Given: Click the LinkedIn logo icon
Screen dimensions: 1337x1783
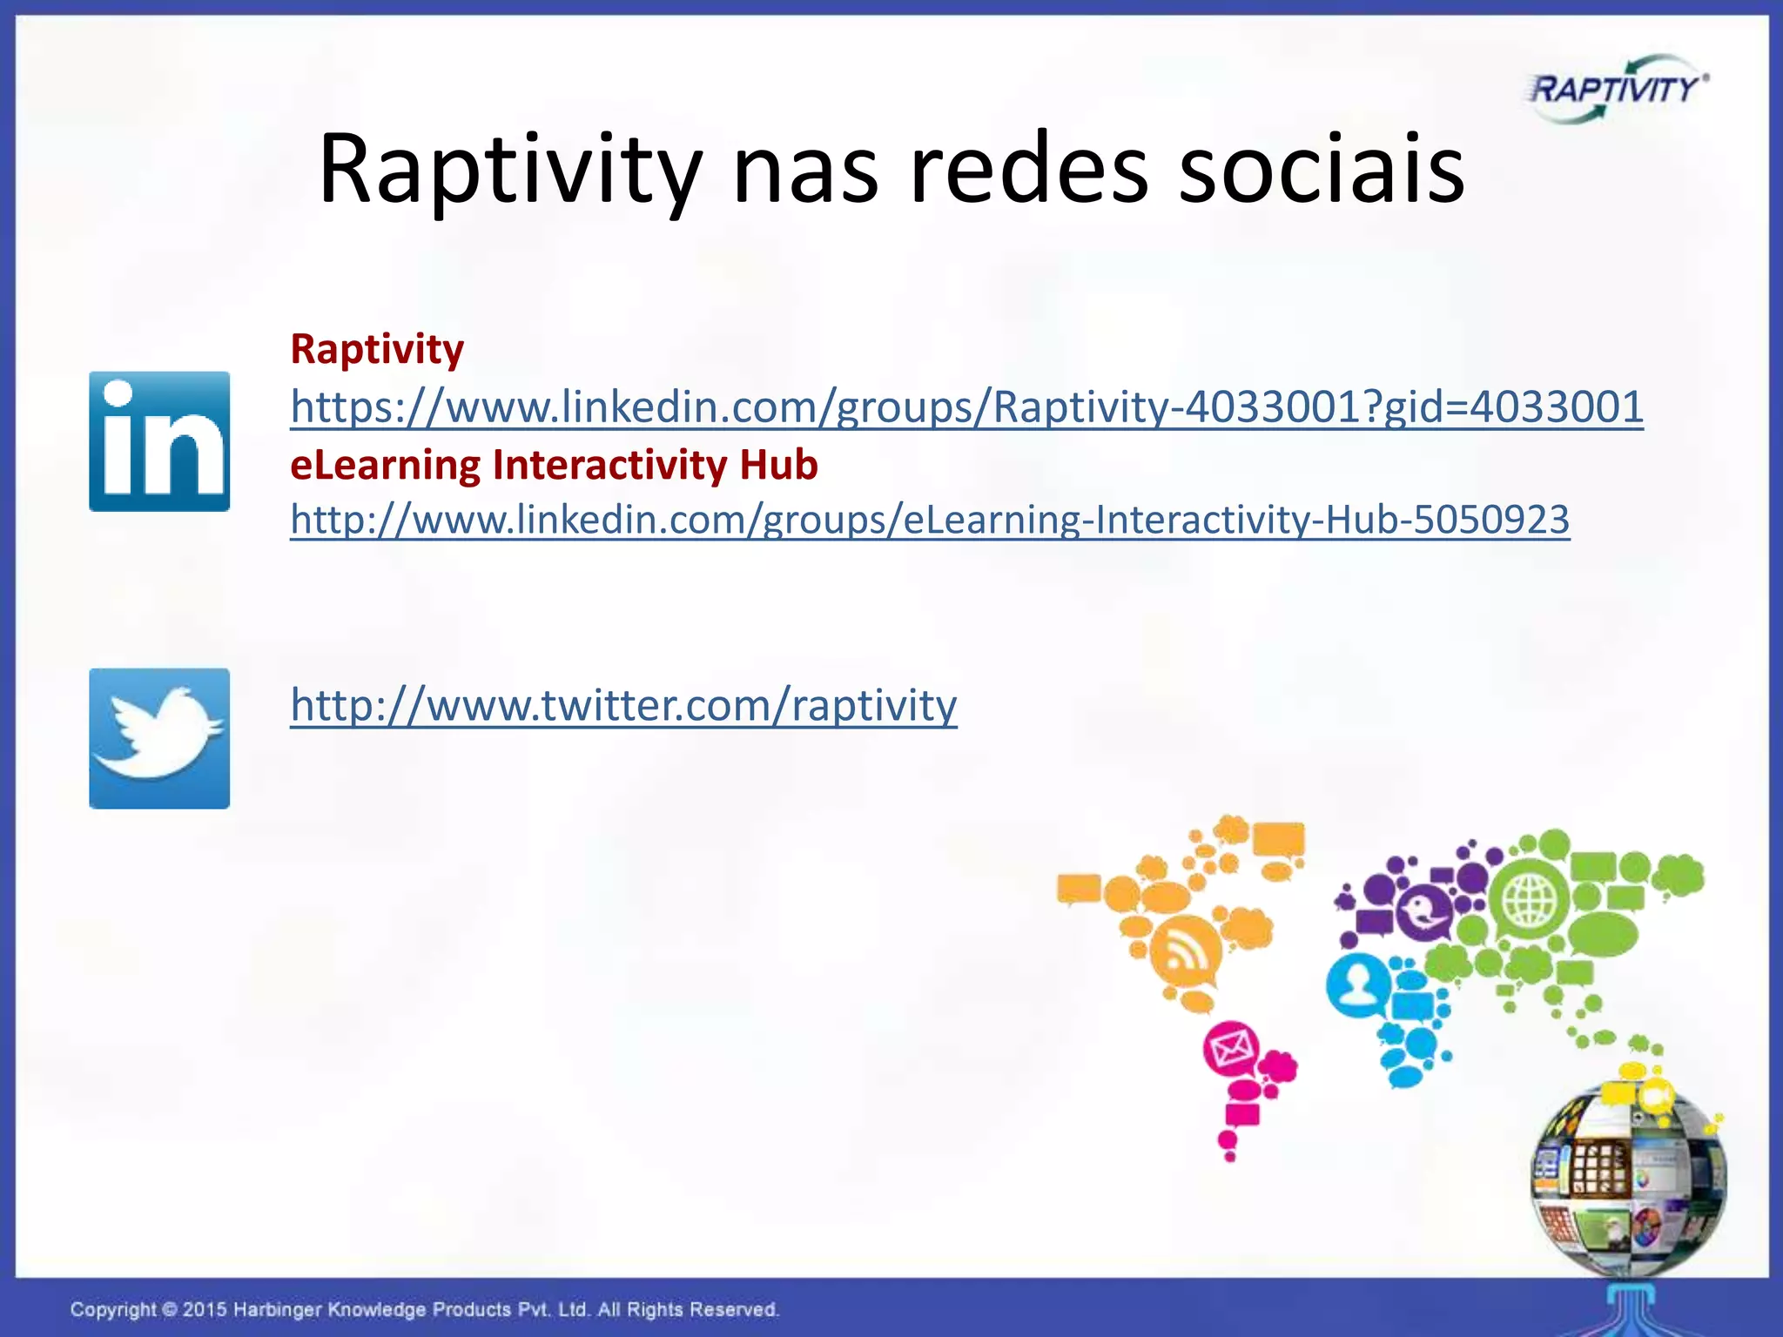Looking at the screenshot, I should pos(159,441).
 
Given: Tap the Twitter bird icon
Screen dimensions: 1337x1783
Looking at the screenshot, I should pos(159,738).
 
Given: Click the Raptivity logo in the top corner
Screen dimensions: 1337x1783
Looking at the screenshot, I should pos(1617,88).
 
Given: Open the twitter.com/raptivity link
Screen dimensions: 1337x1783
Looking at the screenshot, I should pos(623,704).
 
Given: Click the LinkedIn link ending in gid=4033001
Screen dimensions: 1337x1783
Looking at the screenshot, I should pos(966,406).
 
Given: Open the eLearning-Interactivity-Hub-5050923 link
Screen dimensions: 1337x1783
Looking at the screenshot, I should pos(930,520).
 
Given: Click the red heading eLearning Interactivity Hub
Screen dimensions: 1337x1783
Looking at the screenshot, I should pos(554,464).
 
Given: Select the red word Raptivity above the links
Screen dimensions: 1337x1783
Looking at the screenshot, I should pos(377,349).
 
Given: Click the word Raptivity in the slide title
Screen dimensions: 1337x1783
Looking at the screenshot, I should pos(510,170).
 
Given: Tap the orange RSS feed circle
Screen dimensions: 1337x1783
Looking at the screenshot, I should pos(1185,951).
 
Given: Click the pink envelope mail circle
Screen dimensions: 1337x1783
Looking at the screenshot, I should pos(1231,1048).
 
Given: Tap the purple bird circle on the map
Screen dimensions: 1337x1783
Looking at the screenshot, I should pos(1424,910).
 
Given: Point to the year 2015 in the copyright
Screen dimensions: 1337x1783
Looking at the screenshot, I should pos(205,1309).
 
